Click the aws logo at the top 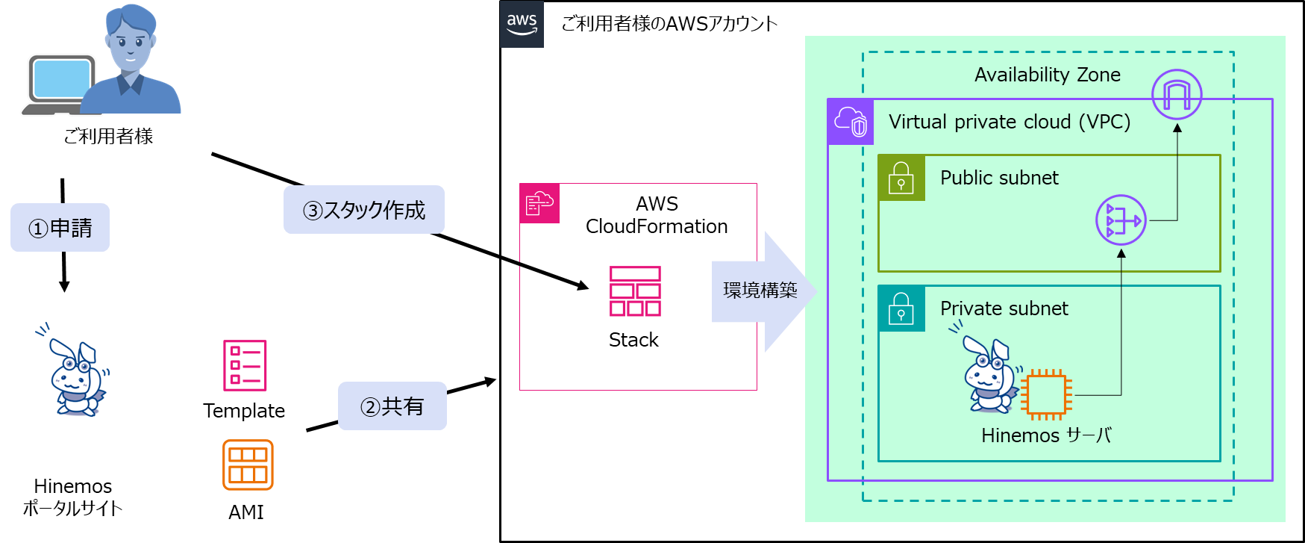[522, 24]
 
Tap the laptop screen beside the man [62, 78]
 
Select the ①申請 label [60, 228]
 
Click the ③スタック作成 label [364, 210]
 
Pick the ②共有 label [392, 406]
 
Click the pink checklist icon [245, 365]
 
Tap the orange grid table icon [248, 465]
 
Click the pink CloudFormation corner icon [539, 203]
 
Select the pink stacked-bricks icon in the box [635, 291]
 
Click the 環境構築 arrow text [760, 291]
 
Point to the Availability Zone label [1047, 75]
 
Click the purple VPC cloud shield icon [851, 122]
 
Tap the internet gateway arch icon [1177, 95]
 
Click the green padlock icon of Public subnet [901, 178]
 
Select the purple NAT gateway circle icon [1121, 220]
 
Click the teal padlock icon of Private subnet [901, 308]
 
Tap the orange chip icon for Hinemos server [1046, 394]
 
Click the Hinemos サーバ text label [1046, 435]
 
